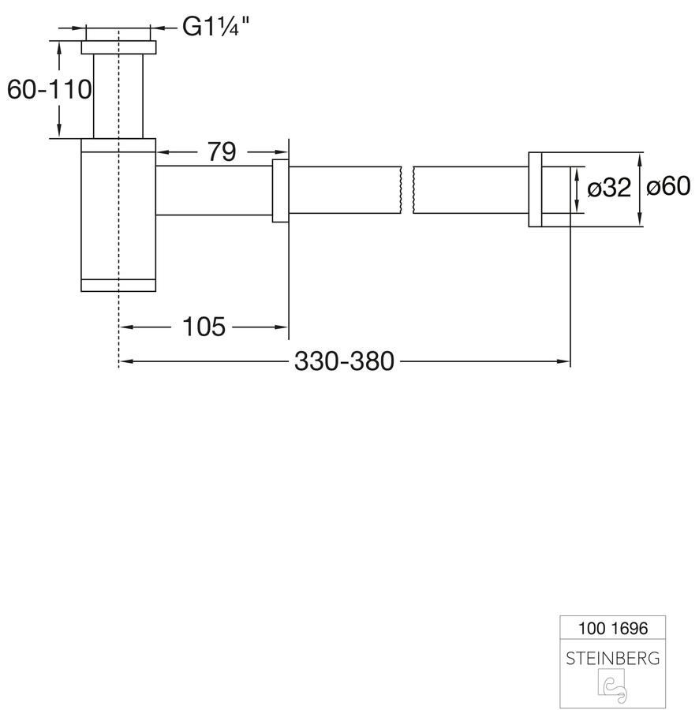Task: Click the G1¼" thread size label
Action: point(215,27)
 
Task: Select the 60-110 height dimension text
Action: point(50,89)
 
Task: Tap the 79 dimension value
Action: point(222,151)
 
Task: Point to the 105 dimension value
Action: point(204,327)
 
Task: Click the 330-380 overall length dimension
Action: point(344,361)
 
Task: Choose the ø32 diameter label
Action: point(609,188)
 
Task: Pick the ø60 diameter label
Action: point(668,186)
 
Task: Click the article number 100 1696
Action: point(613,629)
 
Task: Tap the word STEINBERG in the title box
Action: point(613,659)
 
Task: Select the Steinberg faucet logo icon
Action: point(613,687)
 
